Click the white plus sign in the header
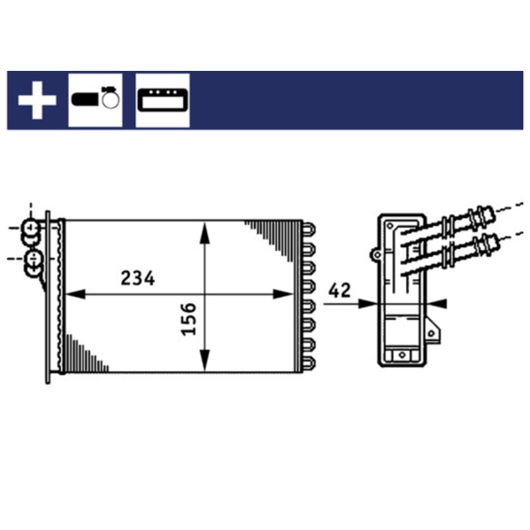pyautogui.click(x=36, y=101)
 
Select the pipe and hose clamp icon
pyautogui.click(x=95, y=99)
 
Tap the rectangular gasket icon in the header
pyautogui.click(x=162, y=100)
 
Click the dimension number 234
pyautogui.click(x=138, y=279)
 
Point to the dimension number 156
pyautogui.click(x=189, y=318)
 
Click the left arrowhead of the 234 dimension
pyautogui.click(x=74, y=294)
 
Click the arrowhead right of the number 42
pyautogui.click(x=368, y=303)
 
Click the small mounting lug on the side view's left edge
pyautogui.click(x=376, y=254)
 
